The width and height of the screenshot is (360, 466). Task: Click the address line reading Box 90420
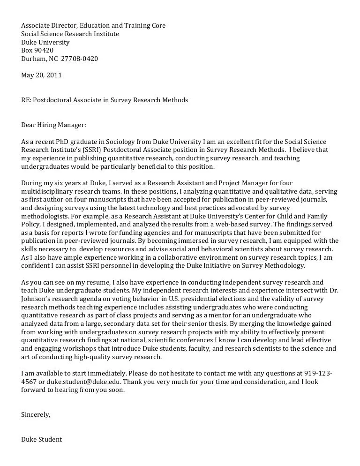(37, 51)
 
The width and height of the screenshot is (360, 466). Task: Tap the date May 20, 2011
(41, 75)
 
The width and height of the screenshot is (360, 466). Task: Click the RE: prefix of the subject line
(26, 100)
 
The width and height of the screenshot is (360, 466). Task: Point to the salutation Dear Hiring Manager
(54, 125)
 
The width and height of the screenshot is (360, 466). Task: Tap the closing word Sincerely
(36, 415)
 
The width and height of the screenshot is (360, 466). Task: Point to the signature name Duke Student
(41, 440)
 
